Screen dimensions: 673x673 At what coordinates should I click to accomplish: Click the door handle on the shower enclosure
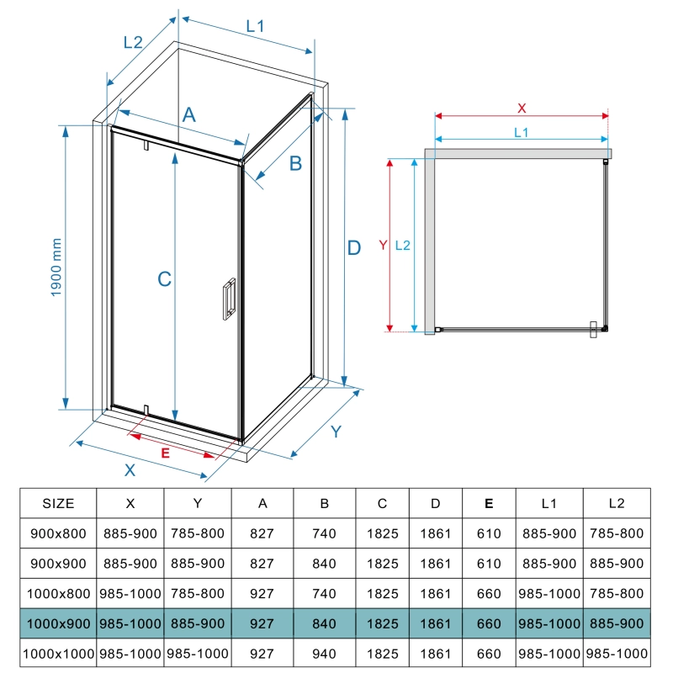coord(229,299)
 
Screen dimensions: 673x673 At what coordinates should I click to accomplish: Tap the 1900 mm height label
coord(56,268)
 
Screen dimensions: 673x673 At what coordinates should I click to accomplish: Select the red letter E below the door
coord(165,453)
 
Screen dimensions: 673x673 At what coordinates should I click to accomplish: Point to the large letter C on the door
coord(164,279)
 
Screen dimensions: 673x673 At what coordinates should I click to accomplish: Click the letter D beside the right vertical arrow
coord(354,248)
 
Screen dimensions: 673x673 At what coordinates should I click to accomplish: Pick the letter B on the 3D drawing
coord(296,163)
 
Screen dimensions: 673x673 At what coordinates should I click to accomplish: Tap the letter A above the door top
coord(189,114)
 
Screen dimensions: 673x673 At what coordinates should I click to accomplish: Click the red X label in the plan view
coord(522,109)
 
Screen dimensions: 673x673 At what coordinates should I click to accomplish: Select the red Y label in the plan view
coord(383,245)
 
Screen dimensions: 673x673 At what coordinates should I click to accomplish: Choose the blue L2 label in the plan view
coord(403,246)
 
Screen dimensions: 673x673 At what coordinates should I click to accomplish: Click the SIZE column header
coord(58,503)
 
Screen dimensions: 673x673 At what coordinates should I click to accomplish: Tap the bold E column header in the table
coord(489,503)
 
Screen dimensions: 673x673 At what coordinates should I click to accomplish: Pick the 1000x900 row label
coord(58,623)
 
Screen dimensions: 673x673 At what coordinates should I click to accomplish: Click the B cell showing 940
coord(324,654)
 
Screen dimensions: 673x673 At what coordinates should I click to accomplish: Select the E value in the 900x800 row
coord(489,533)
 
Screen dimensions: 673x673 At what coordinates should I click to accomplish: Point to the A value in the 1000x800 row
coord(262,594)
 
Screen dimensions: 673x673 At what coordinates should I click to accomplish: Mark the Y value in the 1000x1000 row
coord(198,654)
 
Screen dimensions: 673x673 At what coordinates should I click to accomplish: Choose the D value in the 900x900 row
coord(435,564)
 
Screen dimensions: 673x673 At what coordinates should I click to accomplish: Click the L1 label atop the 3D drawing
coord(255,27)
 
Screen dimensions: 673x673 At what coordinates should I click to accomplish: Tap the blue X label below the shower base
coord(130,470)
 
